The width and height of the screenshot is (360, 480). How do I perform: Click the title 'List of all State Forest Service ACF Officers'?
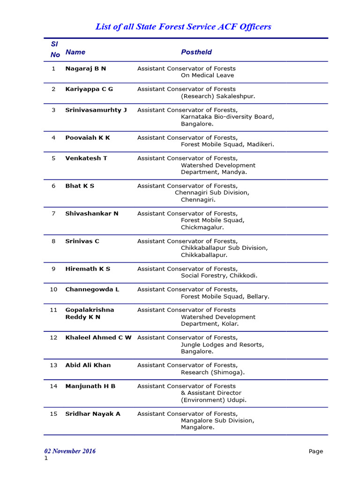click(183, 27)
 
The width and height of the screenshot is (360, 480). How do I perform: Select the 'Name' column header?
click(75, 52)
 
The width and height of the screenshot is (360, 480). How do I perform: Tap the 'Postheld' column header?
click(196, 52)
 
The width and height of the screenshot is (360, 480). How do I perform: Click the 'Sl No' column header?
click(55, 49)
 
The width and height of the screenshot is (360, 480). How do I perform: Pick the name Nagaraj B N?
click(86, 68)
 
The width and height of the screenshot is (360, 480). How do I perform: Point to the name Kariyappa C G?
click(89, 89)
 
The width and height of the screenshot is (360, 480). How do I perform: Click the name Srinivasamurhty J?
click(96, 110)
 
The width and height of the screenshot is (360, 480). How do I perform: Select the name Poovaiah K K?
click(88, 137)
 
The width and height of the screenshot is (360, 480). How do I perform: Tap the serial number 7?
click(53, 213)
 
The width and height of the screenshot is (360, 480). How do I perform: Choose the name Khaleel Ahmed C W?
click(98, 337)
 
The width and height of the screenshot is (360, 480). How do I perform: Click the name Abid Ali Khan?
click(88, 365)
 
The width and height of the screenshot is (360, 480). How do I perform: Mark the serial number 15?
click(53, 413)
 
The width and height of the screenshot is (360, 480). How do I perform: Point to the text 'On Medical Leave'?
click(208, 75)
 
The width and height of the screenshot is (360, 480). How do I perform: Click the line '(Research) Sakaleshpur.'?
click(218, 96)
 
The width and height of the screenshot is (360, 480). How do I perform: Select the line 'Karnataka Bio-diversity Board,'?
click(227, 117)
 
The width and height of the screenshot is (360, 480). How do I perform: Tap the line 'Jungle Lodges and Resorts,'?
click(222, 345)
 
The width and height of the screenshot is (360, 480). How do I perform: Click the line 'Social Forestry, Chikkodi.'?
click(219, 276)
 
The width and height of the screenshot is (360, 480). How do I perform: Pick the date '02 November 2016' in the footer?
click(70, 451)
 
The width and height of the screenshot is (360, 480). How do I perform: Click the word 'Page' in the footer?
click(315, 451)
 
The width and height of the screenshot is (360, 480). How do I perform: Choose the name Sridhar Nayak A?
click(93, 413)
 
